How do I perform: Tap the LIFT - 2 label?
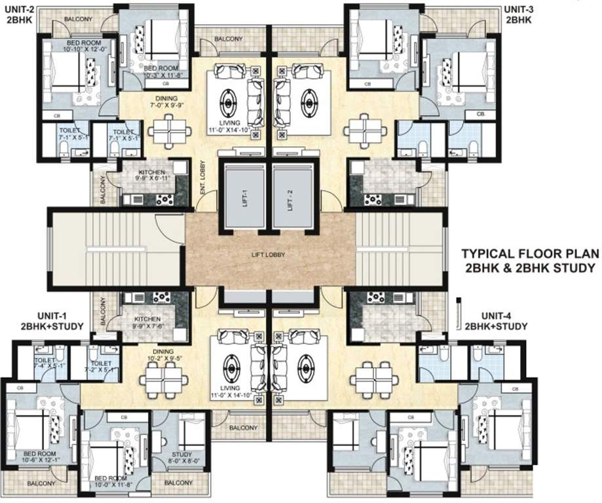click(x=290, y=198)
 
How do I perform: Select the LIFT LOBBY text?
click(x=270, y=254)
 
